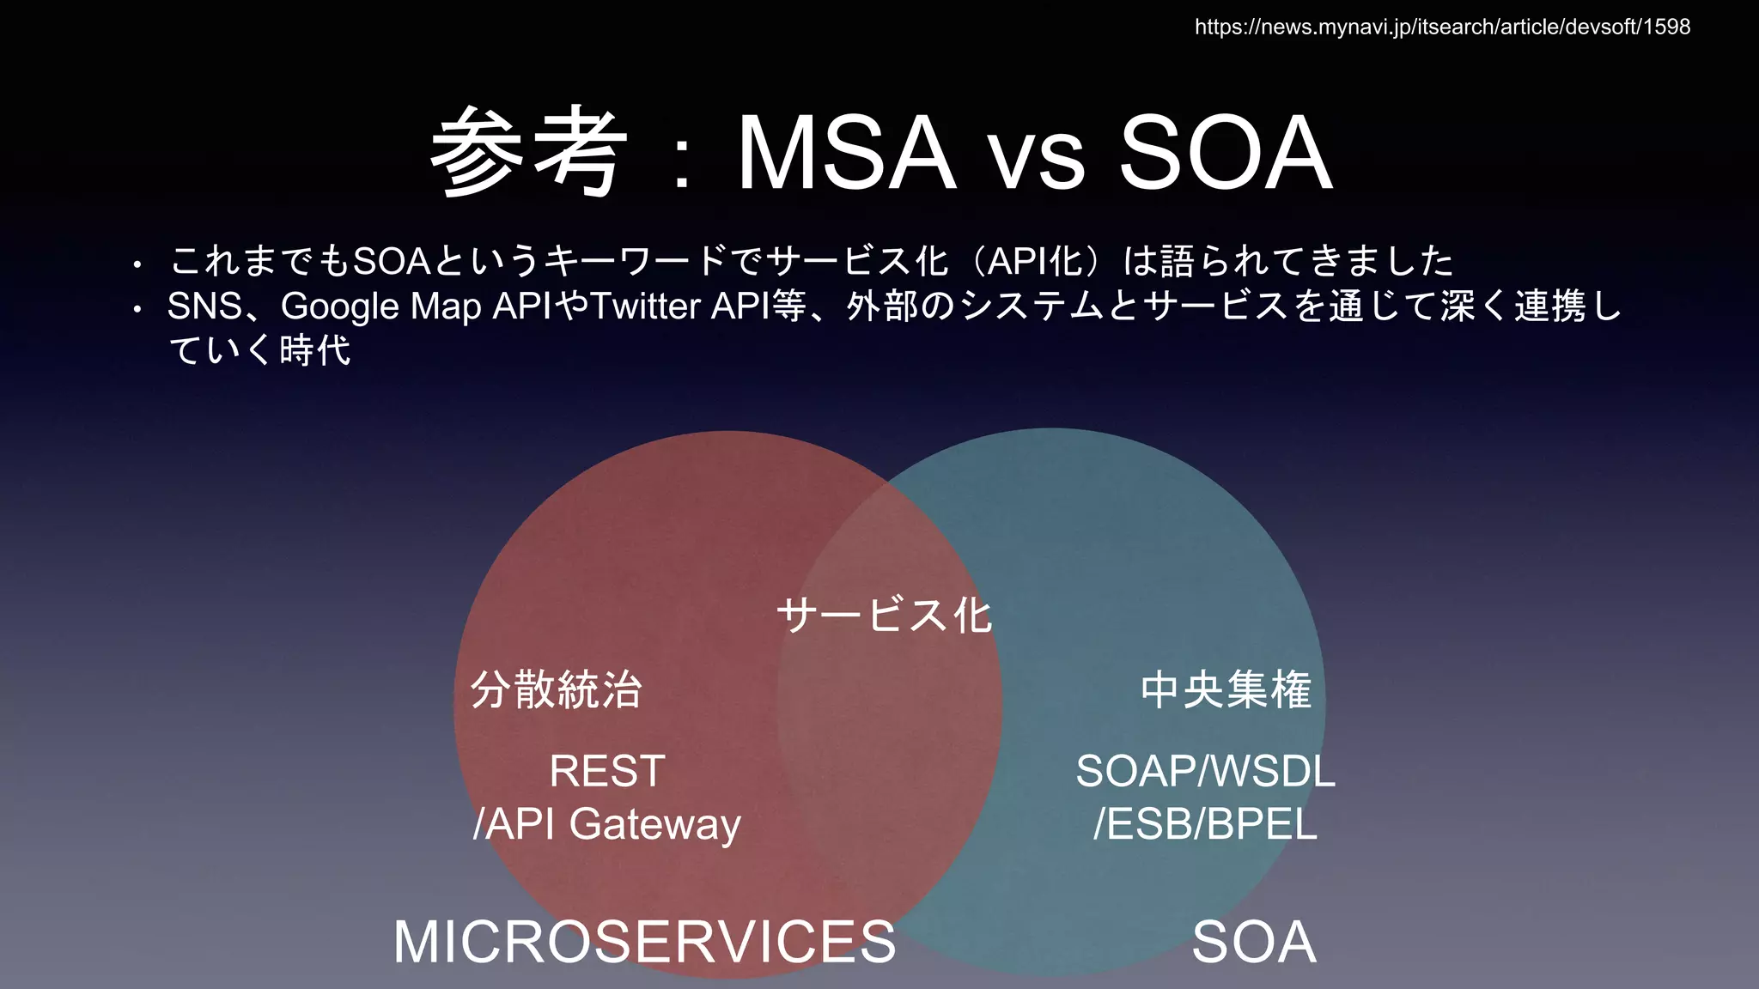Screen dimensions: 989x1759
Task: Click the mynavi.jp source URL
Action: [x=1442, y=27]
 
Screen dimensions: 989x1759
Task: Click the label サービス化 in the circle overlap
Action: [x=884, y=616]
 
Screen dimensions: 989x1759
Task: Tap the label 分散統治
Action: [x=556, y=689]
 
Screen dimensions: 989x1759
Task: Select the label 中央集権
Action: [x=1226, y=689]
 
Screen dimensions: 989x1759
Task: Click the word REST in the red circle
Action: [x=607, y=770]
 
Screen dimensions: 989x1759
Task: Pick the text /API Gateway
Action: [x=607, y=824]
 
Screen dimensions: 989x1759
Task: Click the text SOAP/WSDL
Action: [x=1205, y=770]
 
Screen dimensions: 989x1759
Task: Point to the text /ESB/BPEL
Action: [x=1205, y=824]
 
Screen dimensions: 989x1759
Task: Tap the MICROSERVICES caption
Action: [x=644, y=942]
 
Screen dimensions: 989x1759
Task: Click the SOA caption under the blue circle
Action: [x=1254, y=942]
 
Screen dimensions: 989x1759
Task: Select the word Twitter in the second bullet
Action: [x=646, y=306]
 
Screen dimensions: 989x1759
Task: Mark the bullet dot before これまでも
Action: [x=137, y=264]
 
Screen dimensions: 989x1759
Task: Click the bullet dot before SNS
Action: [x=137, y=309]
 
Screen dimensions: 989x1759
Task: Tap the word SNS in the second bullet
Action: [x=204, y=306]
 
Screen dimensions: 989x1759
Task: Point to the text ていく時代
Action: [x=259, y=350]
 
